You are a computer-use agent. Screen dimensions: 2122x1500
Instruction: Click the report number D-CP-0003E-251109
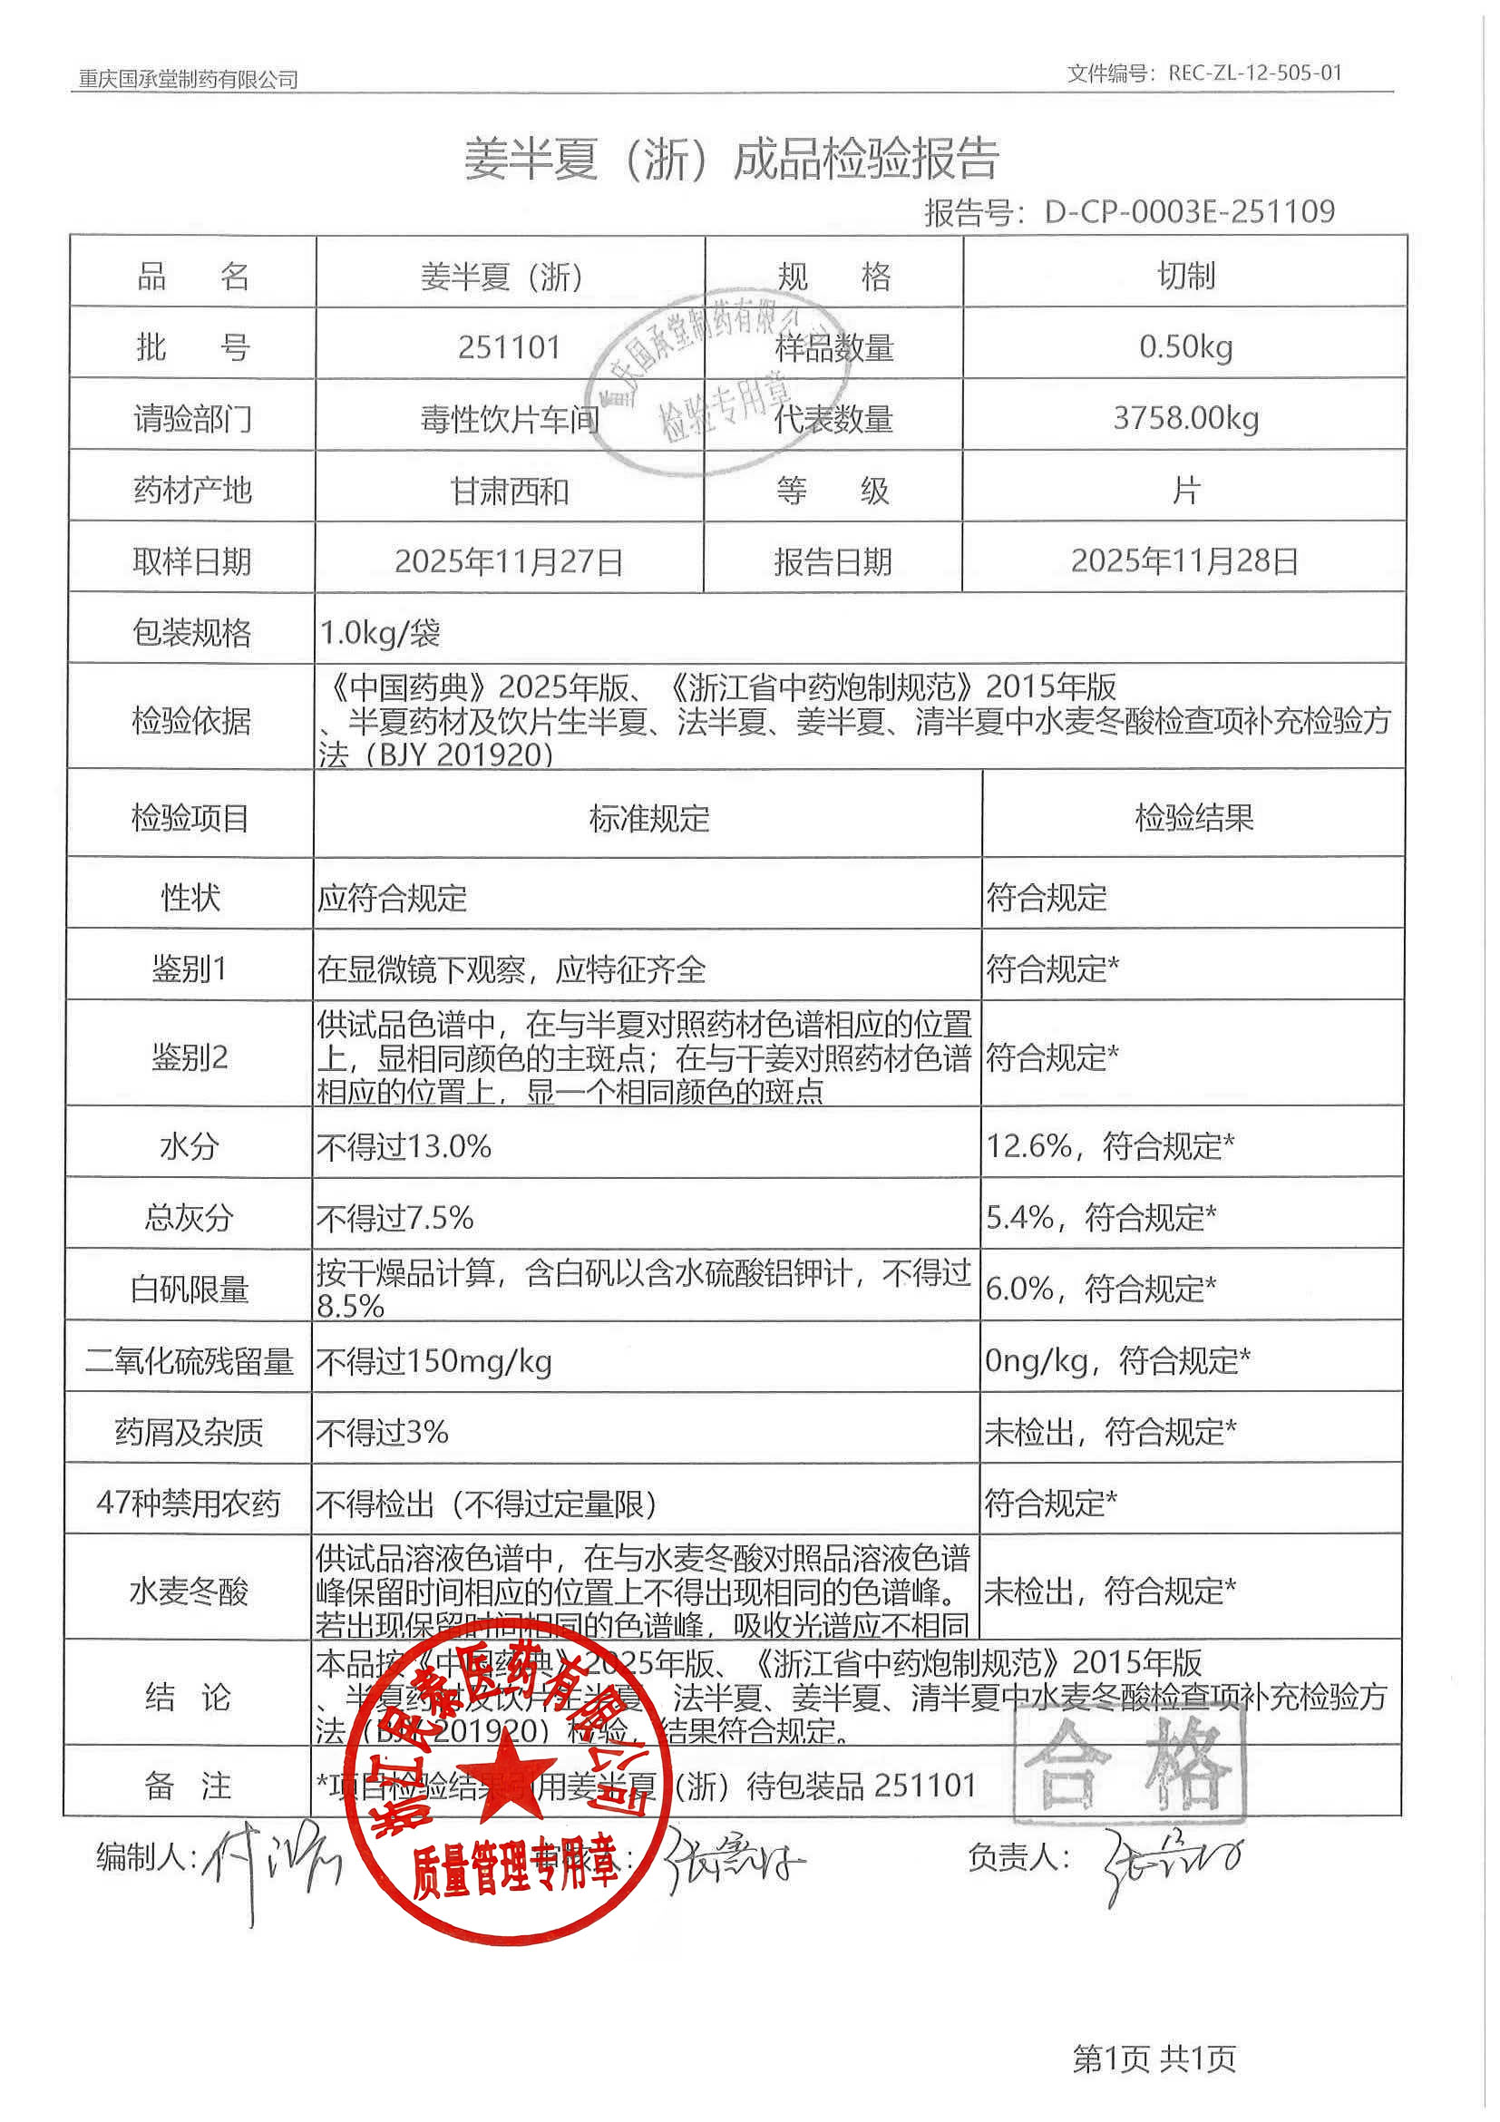tap(1189, 211)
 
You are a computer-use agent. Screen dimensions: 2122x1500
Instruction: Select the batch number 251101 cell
tap(510, 347)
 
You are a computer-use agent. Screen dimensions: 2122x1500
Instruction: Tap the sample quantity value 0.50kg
tap(1186, 347)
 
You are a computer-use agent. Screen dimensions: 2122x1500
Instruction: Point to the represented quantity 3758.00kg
tap(1186, 419)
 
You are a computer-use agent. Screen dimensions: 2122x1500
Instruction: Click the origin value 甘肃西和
tap(510, 491)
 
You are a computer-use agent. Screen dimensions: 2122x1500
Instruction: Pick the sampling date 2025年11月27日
tap(509, 562)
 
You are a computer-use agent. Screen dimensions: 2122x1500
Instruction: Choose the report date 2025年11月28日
tap(1184, 561)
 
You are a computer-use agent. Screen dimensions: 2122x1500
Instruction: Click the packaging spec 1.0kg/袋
tap(380, 633)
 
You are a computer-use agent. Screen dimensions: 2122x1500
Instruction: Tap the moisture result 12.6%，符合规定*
tap(1109, 1147)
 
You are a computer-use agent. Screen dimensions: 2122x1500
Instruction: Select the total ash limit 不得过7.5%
tap(394, 1218)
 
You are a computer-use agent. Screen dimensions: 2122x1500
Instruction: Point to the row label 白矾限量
tap(190, 1290)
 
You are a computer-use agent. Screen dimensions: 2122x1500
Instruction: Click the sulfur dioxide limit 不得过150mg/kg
tap(434, 1361)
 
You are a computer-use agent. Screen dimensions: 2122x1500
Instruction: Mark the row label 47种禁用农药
tap(189, 1504)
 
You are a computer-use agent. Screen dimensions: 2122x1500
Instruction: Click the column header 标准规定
tap(648, 818)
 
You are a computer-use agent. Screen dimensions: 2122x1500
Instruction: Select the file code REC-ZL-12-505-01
tap(1254, 73)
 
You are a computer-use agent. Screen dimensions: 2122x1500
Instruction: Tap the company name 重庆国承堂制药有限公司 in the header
tap(188, 80)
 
